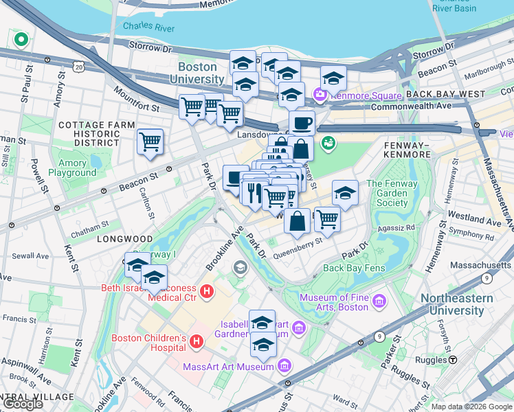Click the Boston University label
(x=197, y=73)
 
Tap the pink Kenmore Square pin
(x=320, y=94)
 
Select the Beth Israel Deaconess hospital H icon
(x=207, y=293)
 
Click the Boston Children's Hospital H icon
(x=197, y=341)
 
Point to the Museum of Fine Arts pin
(x=378, y=301)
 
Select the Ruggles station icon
(x=453, y=360)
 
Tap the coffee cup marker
(x=301, y=124)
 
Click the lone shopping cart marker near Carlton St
(x=150, y=142)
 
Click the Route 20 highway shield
(x=78, y=68)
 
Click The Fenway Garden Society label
(x=387, y=193)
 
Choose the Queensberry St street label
(x=298, y=242)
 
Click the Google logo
(x=23, y=404)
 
